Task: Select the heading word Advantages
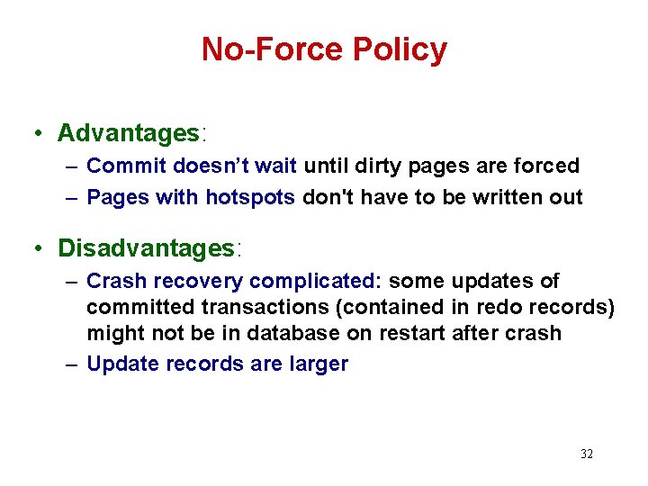click(128, 133)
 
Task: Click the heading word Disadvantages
click(146, 247)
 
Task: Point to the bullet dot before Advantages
click(38, 134)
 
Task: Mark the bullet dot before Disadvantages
click(38, 248)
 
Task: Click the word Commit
click(126, 166)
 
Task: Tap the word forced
click(549, 166)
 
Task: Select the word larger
click(316, 364)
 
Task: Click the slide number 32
click(587, 454)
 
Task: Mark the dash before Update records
click(72, 364)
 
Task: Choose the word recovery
click(196, 282)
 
